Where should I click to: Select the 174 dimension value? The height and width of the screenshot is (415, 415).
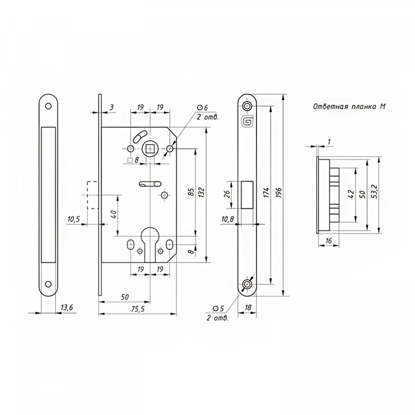[267, 192]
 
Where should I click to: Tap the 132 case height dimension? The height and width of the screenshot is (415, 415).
[201, 192]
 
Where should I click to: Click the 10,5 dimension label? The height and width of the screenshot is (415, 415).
[74, 219]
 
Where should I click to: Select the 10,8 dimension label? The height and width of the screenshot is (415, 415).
[227, 219]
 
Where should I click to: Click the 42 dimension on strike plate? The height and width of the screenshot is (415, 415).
[351, 194]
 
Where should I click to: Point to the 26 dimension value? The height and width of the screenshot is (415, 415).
[227, 195]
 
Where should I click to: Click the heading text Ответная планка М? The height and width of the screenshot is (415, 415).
[349, 107]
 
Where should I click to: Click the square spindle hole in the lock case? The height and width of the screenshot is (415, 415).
[150, 149]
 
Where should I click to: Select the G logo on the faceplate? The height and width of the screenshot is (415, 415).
[247, 121]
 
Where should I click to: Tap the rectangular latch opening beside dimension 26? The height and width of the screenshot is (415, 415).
[247, 195]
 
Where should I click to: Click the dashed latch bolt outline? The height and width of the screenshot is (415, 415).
[92, 195]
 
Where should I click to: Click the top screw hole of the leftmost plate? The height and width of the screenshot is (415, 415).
[48, 106]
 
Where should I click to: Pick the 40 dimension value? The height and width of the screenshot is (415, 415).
[113, 214]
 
